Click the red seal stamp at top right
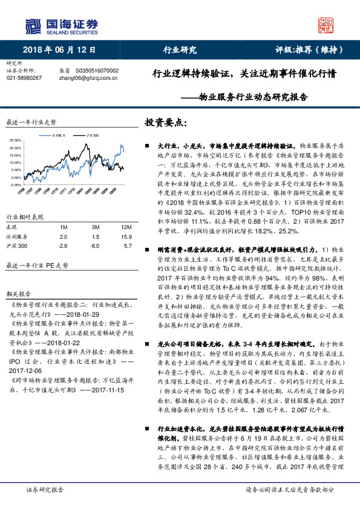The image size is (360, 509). (327, 25)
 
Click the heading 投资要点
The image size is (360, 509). (164, 122)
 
